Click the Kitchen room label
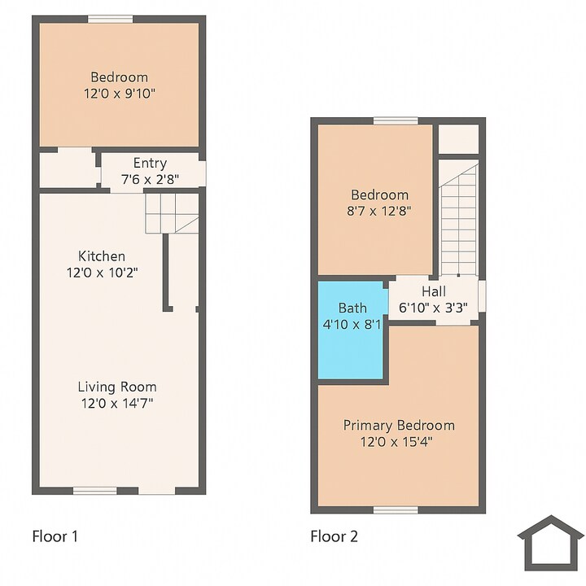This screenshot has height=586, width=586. (102, 256)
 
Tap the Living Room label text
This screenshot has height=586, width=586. (117, 387)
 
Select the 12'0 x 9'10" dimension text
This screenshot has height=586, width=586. (119, 94)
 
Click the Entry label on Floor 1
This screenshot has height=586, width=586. (150, 163)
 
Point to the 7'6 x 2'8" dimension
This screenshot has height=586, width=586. (150, 178)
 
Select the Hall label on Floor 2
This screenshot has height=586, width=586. (433, 291)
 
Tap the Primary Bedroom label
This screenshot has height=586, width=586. (398, 425)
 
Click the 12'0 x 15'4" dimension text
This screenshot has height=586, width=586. (398, 442)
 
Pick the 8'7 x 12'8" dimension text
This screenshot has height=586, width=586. (378, 211)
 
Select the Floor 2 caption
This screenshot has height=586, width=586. (334, 536)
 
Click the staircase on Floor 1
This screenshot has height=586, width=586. (172, 213)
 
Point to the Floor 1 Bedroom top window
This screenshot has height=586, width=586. (111, 19)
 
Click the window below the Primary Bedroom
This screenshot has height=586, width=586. (396, 509)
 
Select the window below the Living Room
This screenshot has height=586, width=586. (94, 490)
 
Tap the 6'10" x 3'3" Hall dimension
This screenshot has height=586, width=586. (433, 308)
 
